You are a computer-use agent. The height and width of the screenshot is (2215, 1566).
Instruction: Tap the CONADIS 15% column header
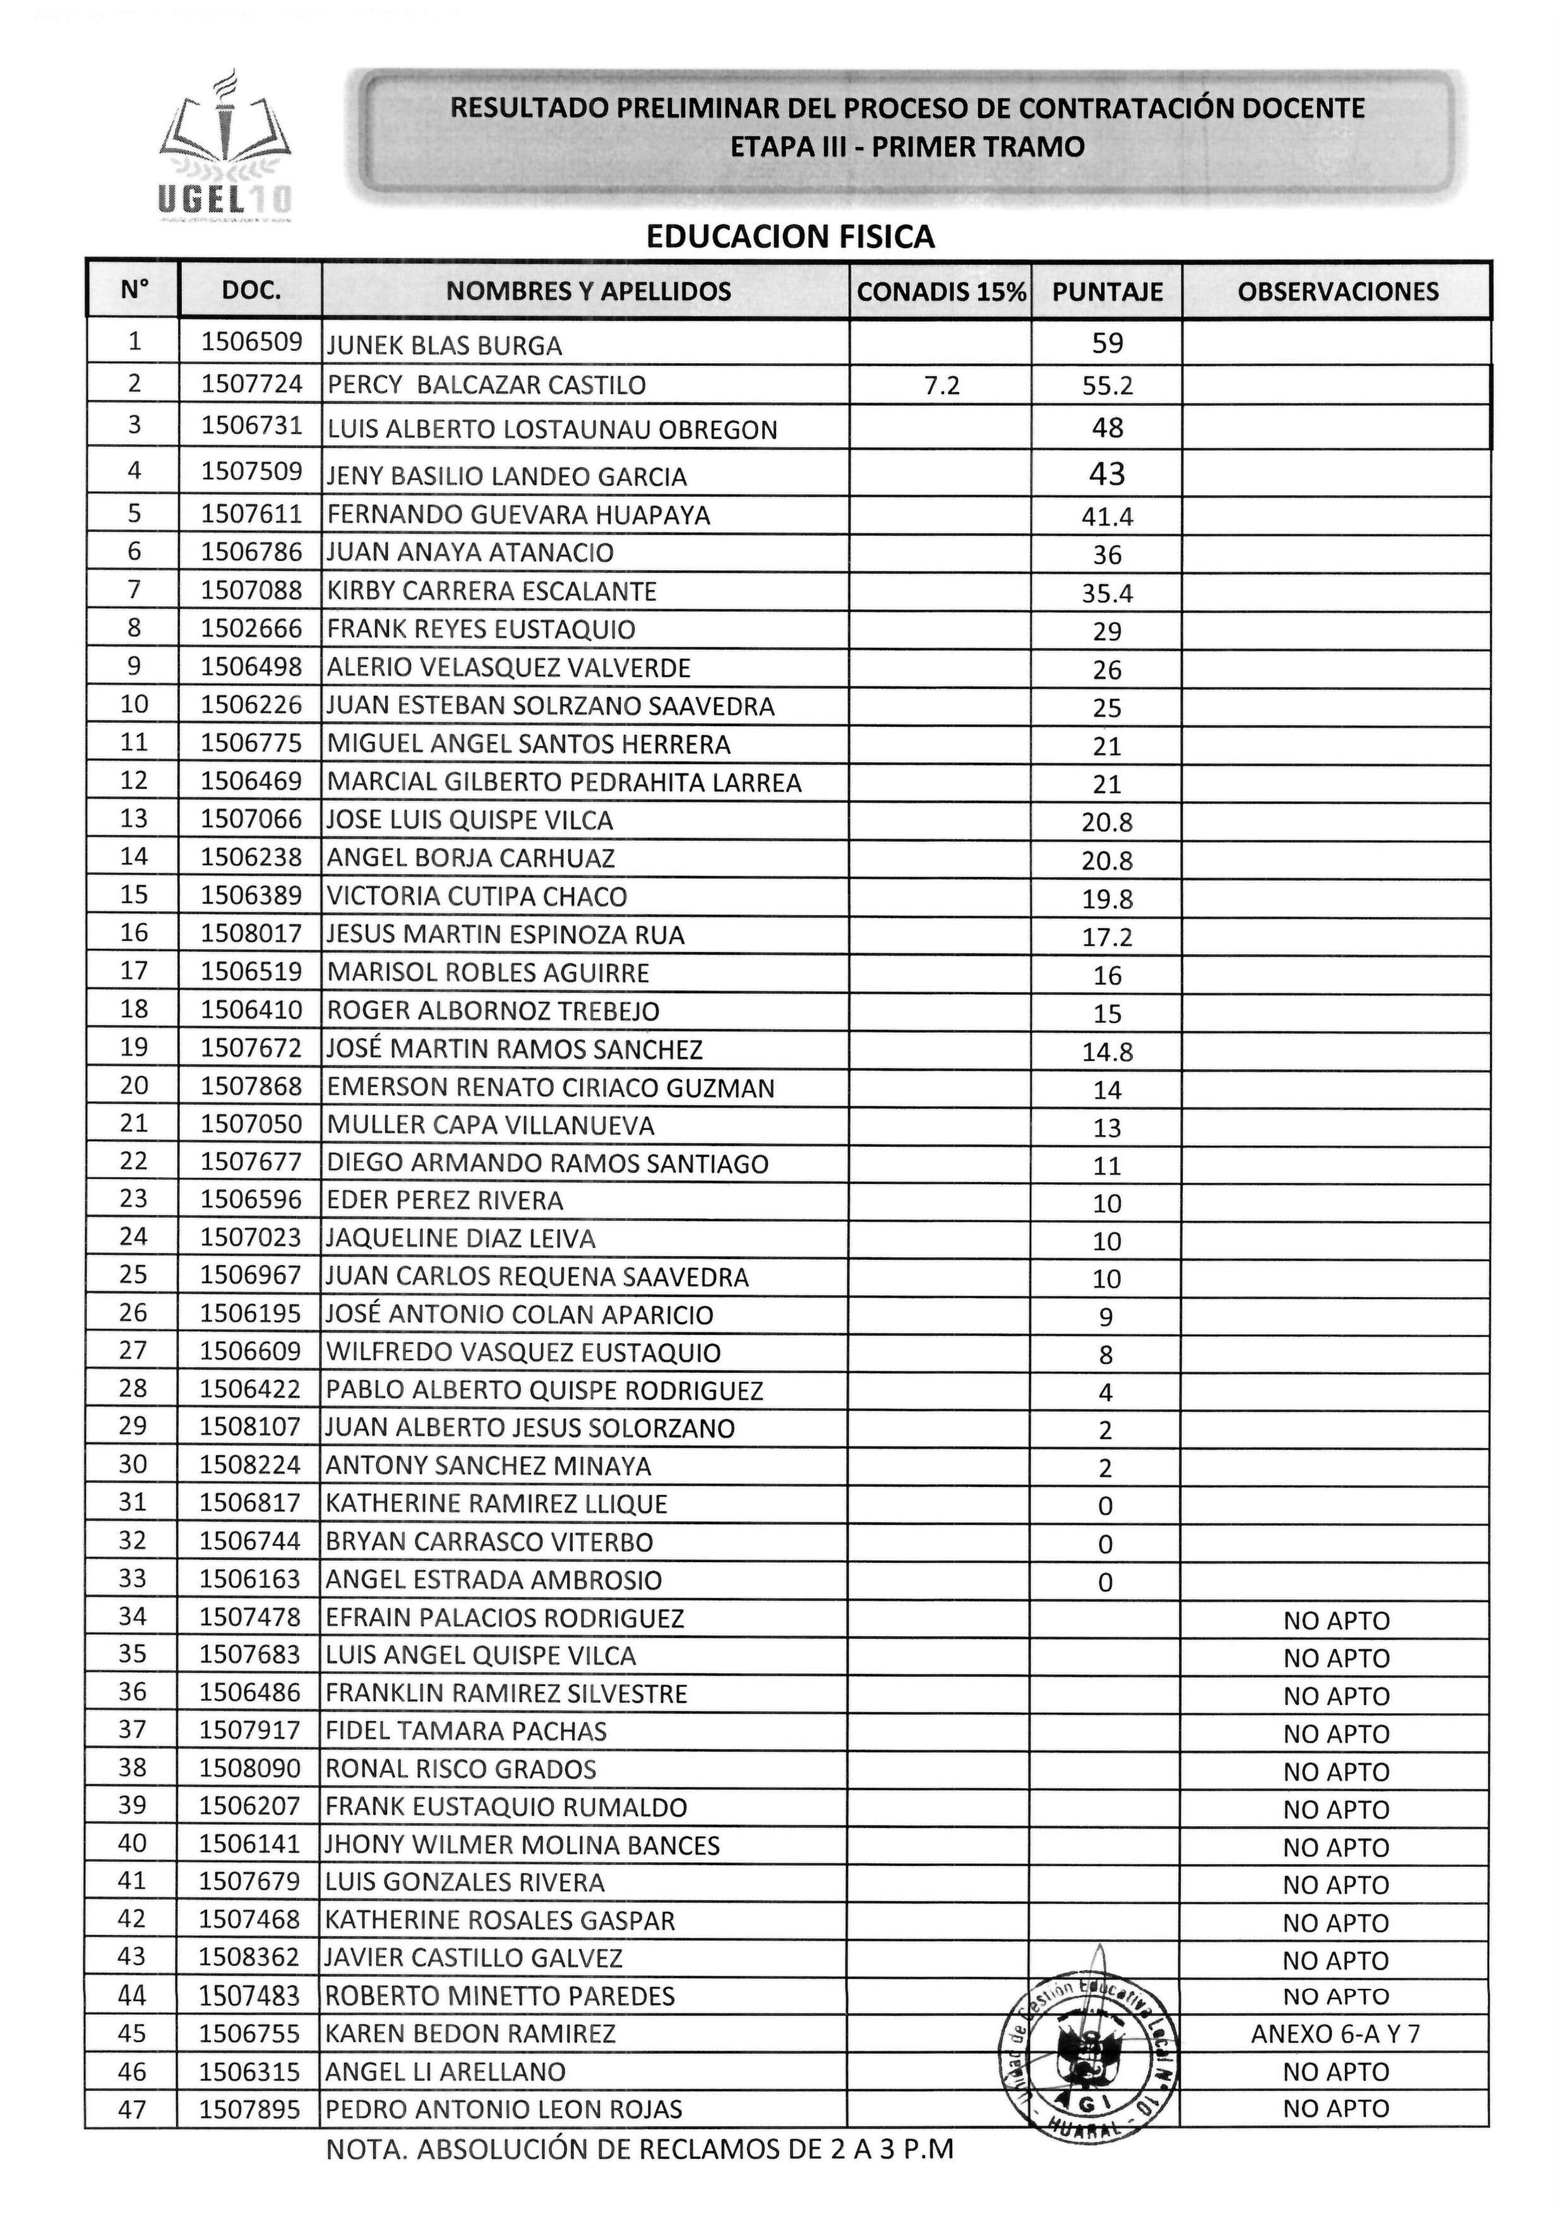click(x=941, y=291)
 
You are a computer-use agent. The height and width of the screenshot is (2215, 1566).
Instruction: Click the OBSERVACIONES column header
click(x=1337, y=291)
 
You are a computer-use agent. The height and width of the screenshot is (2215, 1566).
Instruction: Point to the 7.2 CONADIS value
click(x=941, y=386)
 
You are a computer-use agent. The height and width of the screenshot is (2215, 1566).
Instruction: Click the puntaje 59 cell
click(x=1107, y=343)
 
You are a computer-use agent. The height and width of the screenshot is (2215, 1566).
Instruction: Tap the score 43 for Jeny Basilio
click(x=1107, y=474)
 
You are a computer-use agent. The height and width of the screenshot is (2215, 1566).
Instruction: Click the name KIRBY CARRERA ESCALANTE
click(x=492, y=592)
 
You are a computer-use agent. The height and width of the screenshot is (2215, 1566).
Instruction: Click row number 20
click(x=133, y=1086)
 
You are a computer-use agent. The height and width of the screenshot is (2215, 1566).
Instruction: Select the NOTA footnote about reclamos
click(x=640, y=2149)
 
